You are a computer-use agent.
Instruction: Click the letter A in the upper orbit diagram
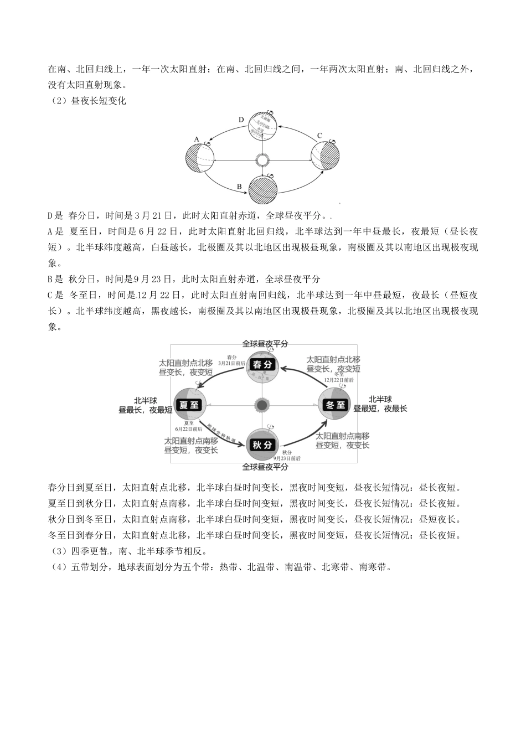[x=197, y=139]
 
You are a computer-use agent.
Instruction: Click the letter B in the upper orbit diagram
[x=239, y=187]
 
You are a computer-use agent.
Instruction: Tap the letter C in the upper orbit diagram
[x=319, y=136]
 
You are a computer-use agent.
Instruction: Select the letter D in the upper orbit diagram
[x=241, y=120]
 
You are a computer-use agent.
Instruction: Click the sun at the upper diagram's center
[x=262, y=161]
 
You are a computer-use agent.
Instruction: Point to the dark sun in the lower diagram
[x=262, y=405]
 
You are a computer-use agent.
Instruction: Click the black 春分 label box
[x=262, y=365]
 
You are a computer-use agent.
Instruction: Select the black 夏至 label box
[x=189, y=405]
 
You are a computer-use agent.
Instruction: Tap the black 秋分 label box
[x=262, y=445]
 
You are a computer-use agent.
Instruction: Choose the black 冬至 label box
[x=335, y=405]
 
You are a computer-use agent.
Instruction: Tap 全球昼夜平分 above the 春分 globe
[x=265, y=344]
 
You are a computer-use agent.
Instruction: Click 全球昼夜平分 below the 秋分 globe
[x=265, y=467]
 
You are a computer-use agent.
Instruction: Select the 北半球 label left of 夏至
[x=146, y=400]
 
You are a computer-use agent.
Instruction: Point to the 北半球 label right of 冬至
[x=380, y=399]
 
